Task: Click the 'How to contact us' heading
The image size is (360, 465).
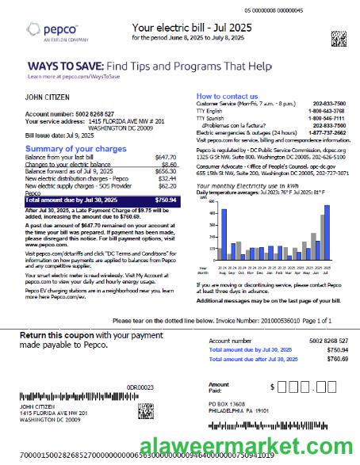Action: click(227, 96)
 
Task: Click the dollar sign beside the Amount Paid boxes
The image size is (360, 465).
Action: click(271, 387)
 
